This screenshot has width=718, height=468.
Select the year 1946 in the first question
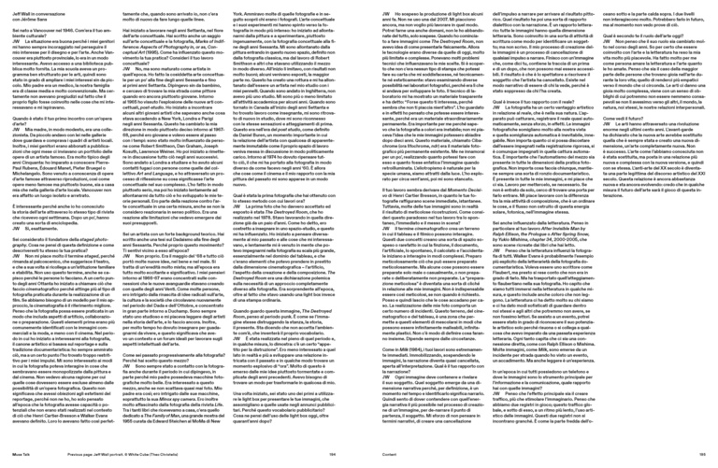(83, 28)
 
